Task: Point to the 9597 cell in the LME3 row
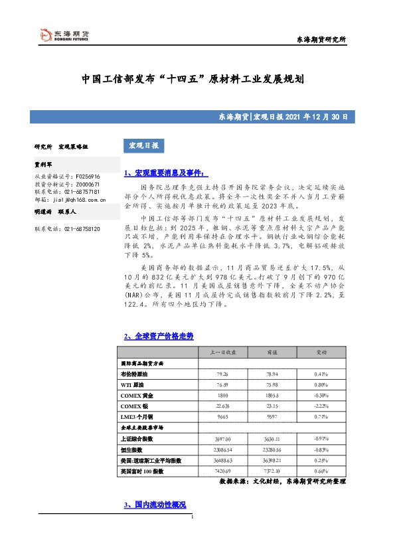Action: pyautogui.click(x=272, y=416)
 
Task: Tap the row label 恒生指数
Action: pyautogui.click(x=135, y=449)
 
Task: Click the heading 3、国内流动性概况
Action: pyautogui.click(x=155, y=506)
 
